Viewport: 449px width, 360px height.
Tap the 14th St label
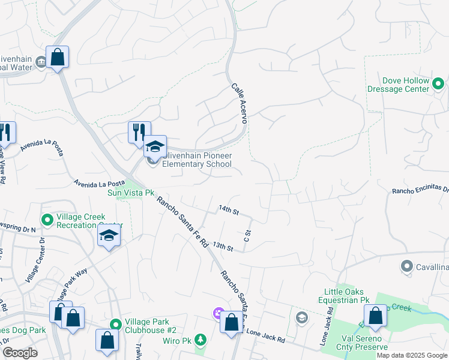coord(229,211)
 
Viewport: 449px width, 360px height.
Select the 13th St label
coord(222,247)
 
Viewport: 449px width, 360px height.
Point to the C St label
coord(247,235)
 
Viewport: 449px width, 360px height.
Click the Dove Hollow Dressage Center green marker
coord(439,85)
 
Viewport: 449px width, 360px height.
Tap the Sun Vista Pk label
coord(127,193)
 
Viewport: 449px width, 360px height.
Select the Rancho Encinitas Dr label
coord(420,190)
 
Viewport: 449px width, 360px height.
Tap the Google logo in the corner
coord(20,353)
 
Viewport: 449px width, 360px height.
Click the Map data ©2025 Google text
coord(412,355)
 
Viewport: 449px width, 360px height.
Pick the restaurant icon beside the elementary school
coord(139,132)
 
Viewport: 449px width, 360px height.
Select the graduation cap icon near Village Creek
coord(109,235)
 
